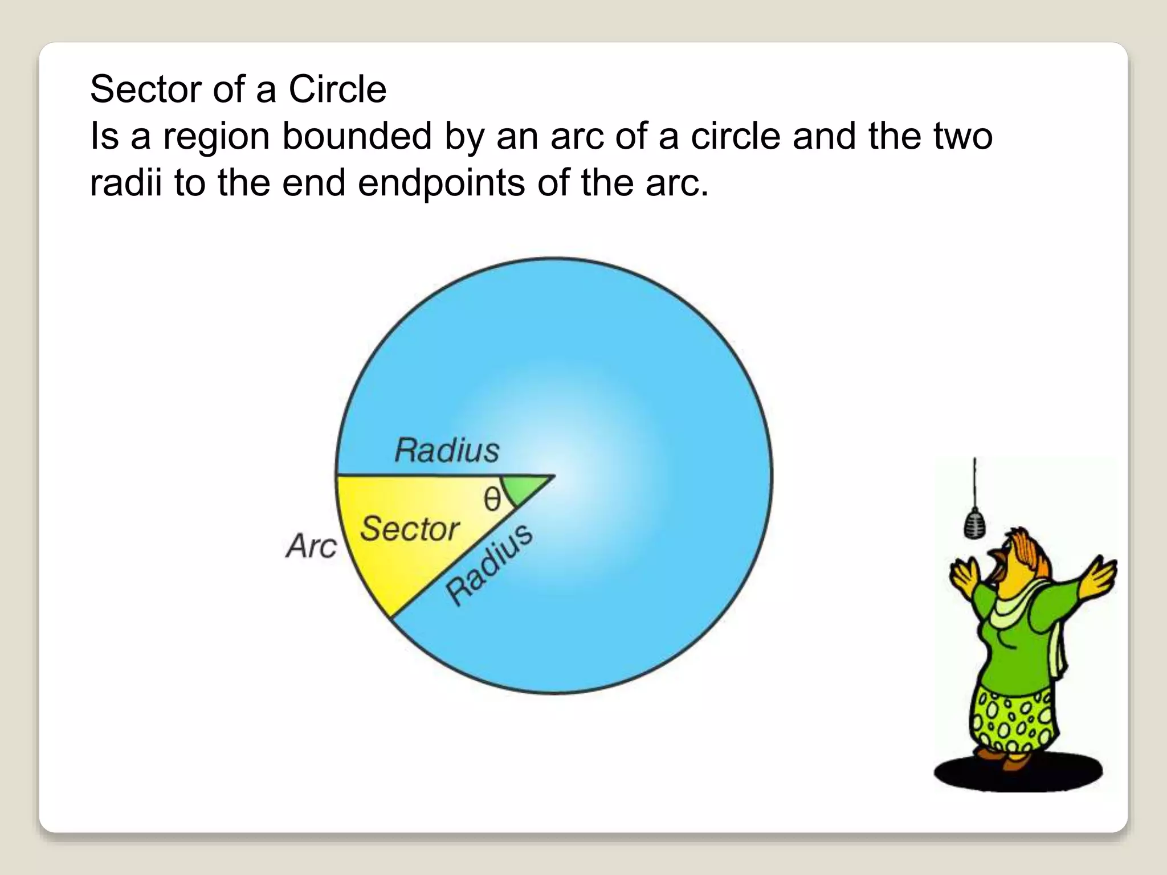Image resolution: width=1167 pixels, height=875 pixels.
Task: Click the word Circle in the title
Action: (x=337, y=89)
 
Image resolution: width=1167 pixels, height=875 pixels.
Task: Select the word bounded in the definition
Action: (x=357, y=137)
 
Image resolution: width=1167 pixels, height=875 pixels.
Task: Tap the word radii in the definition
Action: (x=126, y=183)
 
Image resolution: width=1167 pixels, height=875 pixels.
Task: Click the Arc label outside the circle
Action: (x=311, y=546)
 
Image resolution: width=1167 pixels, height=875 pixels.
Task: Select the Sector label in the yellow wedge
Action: (x=410, y=529)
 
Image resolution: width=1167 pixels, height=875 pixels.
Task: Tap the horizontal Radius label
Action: (x=447, y=451)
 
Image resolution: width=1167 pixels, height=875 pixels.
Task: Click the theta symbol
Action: (x=492, y=500)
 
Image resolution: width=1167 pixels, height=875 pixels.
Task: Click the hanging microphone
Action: (x=974, y=523)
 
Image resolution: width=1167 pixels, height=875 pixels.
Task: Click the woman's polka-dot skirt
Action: (x=1011, y=721)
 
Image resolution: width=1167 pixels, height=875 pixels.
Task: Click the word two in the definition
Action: (x=962, y=137)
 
